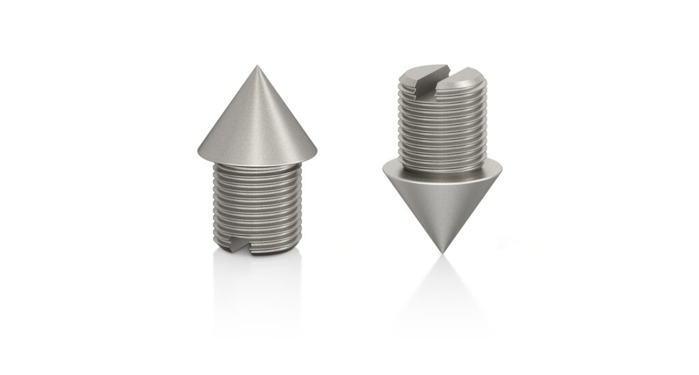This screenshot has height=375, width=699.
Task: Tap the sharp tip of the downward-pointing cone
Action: (x=444, y=252)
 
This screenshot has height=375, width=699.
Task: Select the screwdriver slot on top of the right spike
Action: (x=441, y=73)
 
